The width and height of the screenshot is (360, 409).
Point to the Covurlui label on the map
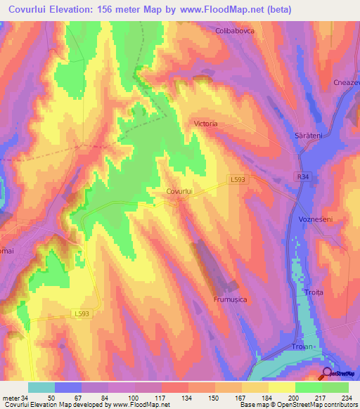click(180, 191)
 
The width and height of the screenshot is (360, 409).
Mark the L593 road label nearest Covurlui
click(237, 179)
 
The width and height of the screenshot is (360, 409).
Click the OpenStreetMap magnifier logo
click(327, 374)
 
